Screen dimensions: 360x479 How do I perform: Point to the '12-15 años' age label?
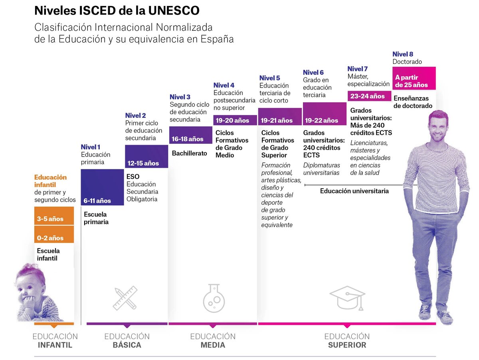[143, 163]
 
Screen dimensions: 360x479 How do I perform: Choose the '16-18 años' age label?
[188, 139]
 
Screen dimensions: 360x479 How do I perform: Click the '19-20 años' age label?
[232, 120]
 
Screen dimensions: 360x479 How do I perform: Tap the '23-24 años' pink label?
[367, 96]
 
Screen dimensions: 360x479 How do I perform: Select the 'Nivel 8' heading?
[403, 54]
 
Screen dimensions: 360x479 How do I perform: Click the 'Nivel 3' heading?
[180, 97]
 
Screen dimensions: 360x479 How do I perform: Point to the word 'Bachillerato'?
[190, 153]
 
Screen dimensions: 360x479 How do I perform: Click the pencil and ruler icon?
[125, 298]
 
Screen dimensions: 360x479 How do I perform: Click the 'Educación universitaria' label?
[354, 191]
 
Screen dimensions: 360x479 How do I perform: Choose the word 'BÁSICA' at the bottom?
[127, 345]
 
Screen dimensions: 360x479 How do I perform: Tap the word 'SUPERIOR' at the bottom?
[347, 345]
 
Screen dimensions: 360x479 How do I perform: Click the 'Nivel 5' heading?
[270, 78]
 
